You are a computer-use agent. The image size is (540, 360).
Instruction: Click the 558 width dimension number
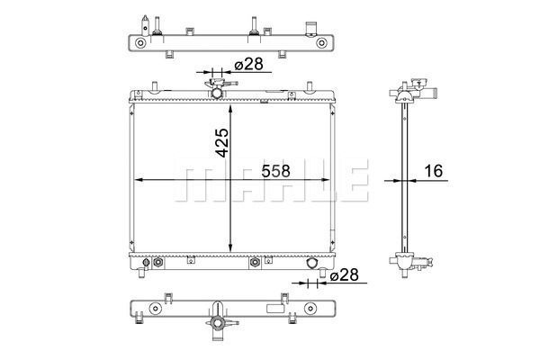pos(275,171)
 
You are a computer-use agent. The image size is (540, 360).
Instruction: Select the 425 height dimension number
pos(222,142)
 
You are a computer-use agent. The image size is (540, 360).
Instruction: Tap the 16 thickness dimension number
pos(433,171)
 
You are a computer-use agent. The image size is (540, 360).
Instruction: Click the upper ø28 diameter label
pos(248,64)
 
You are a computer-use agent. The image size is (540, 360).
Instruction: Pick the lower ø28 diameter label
pos(344,274)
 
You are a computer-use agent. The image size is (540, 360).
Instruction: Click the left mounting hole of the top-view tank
pos(140,43)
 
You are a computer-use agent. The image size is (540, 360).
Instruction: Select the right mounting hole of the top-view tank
pos(321,43)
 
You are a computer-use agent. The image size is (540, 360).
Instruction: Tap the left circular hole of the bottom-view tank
pos(155,309)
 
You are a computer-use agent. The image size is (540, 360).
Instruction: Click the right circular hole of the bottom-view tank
pos(310,309)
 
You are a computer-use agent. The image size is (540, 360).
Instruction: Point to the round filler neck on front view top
pos(217,93)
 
